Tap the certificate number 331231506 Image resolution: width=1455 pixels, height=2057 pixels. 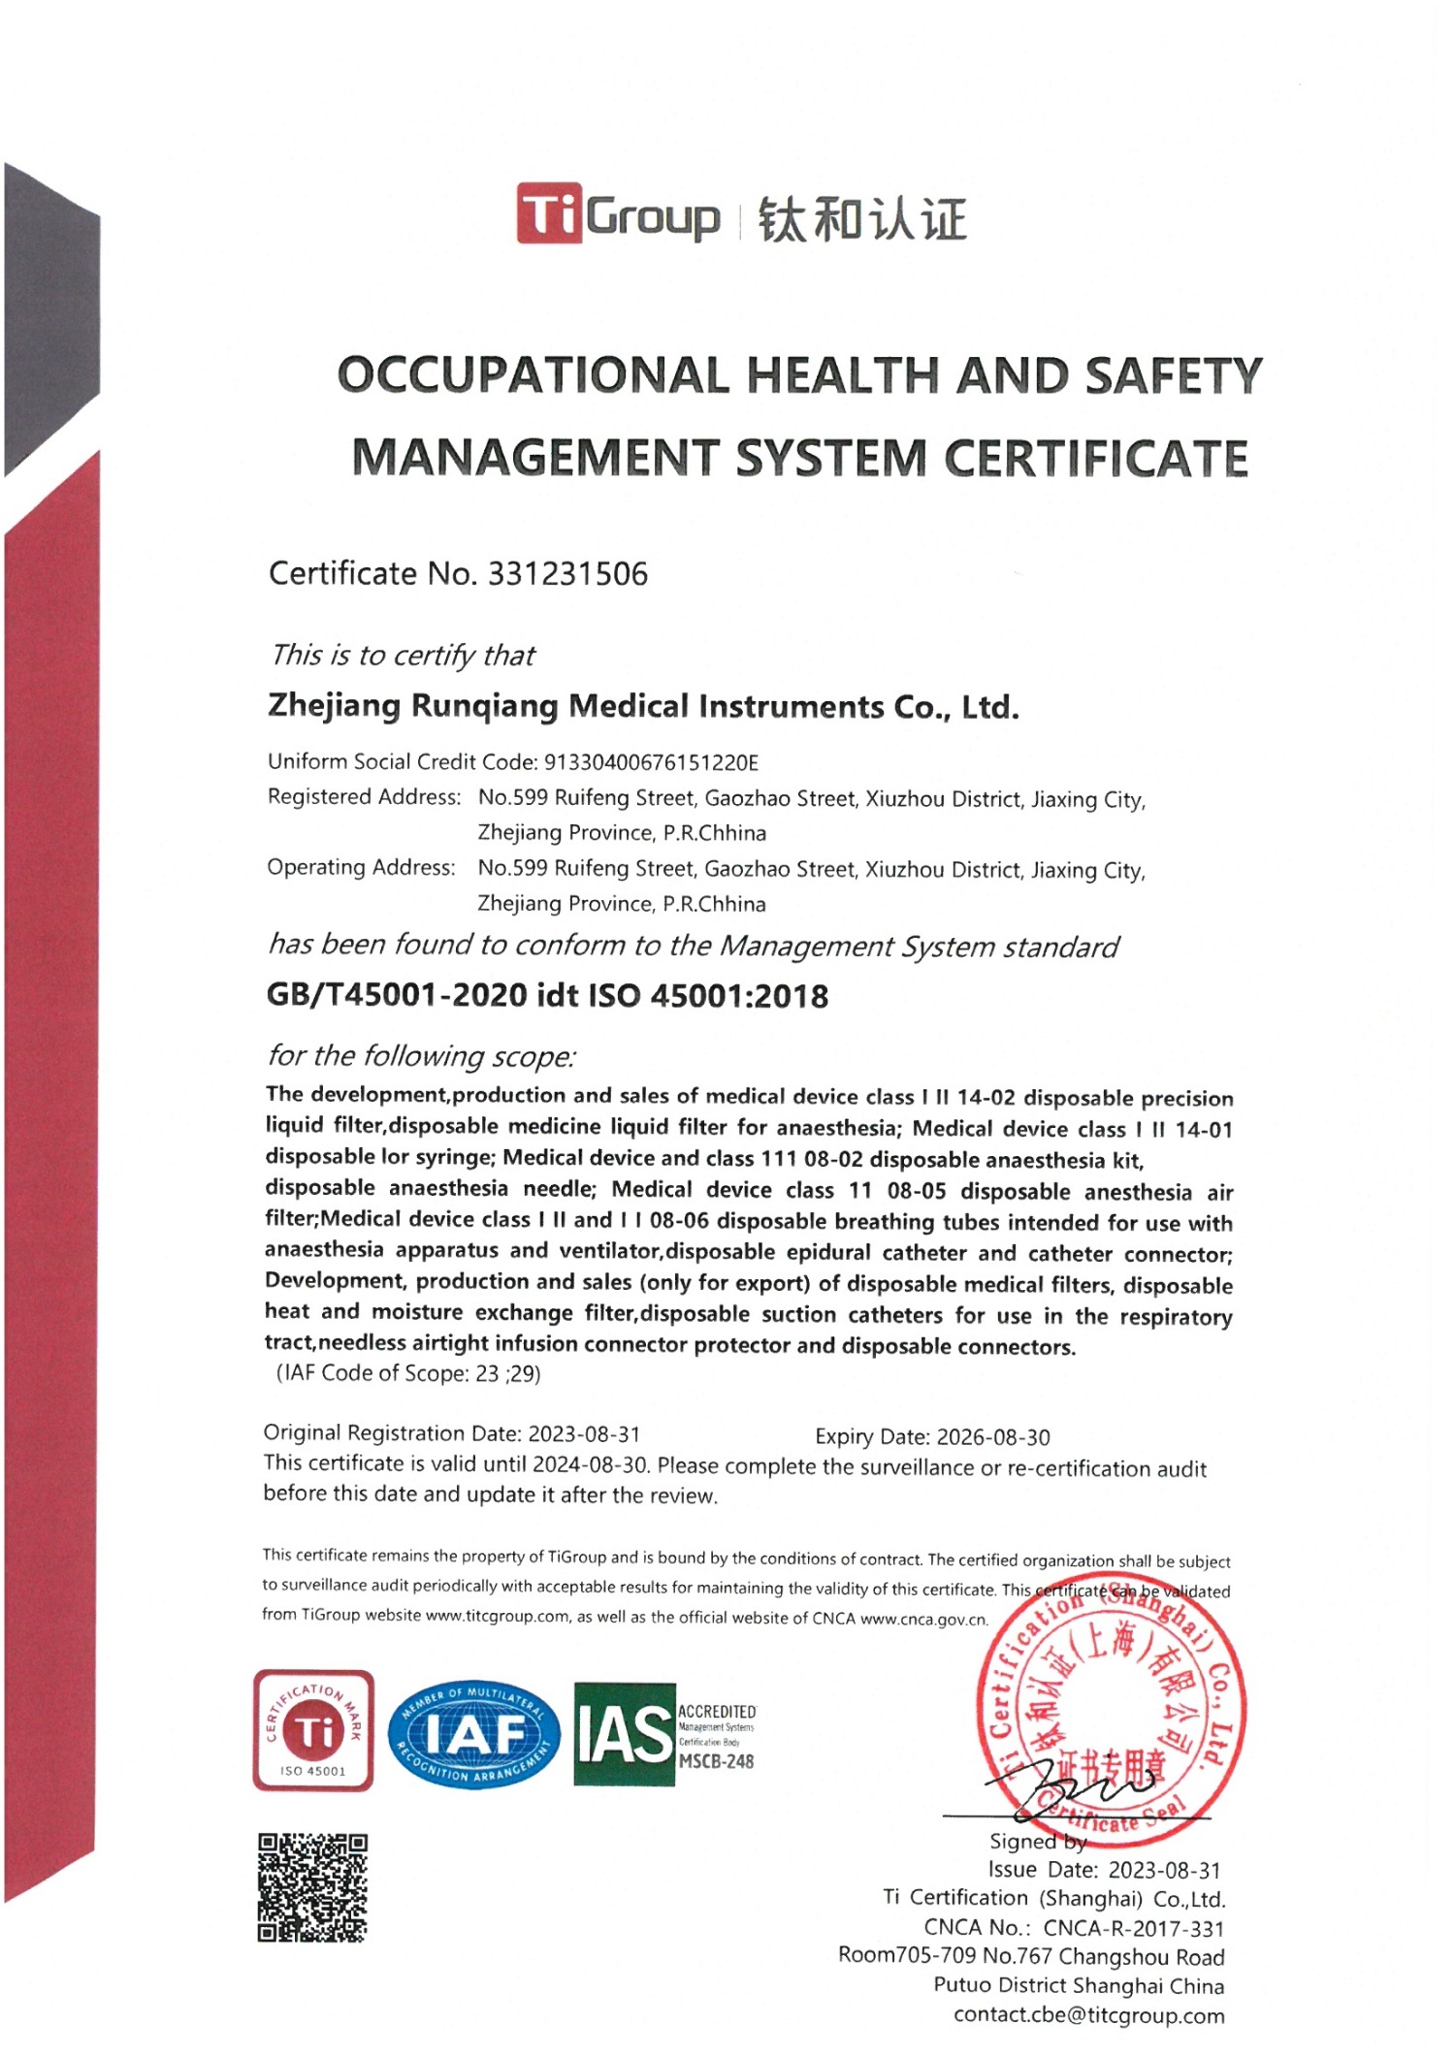pyautogui.click(x=567, y=573)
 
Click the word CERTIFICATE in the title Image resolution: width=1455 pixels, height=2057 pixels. pyautogui.click(x=1096, y=458)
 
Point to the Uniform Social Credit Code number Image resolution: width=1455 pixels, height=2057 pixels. pyautogui.click(x=651, y=762)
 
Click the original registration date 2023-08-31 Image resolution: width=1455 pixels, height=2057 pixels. pyautogui.click(x=583, y=1433)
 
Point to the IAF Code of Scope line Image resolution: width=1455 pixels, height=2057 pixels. pyautogui.click(x=408, y=1373)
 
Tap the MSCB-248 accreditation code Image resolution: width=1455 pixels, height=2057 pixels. pyautogui.click(x=716, y=1761)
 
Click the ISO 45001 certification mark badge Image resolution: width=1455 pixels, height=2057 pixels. pyautogui.click(x=313, y=1731)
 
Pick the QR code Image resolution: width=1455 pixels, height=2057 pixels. pyautogui.click(x=312, y=1887)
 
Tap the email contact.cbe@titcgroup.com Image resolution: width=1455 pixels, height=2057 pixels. pyautogui.click(x=1088, y=2015)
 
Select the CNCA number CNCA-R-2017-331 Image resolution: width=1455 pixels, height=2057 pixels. pyautogui.click(x=1134, y=1929)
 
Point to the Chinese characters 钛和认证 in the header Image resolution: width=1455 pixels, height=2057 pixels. pyautogui.click(x=861, y=218)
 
